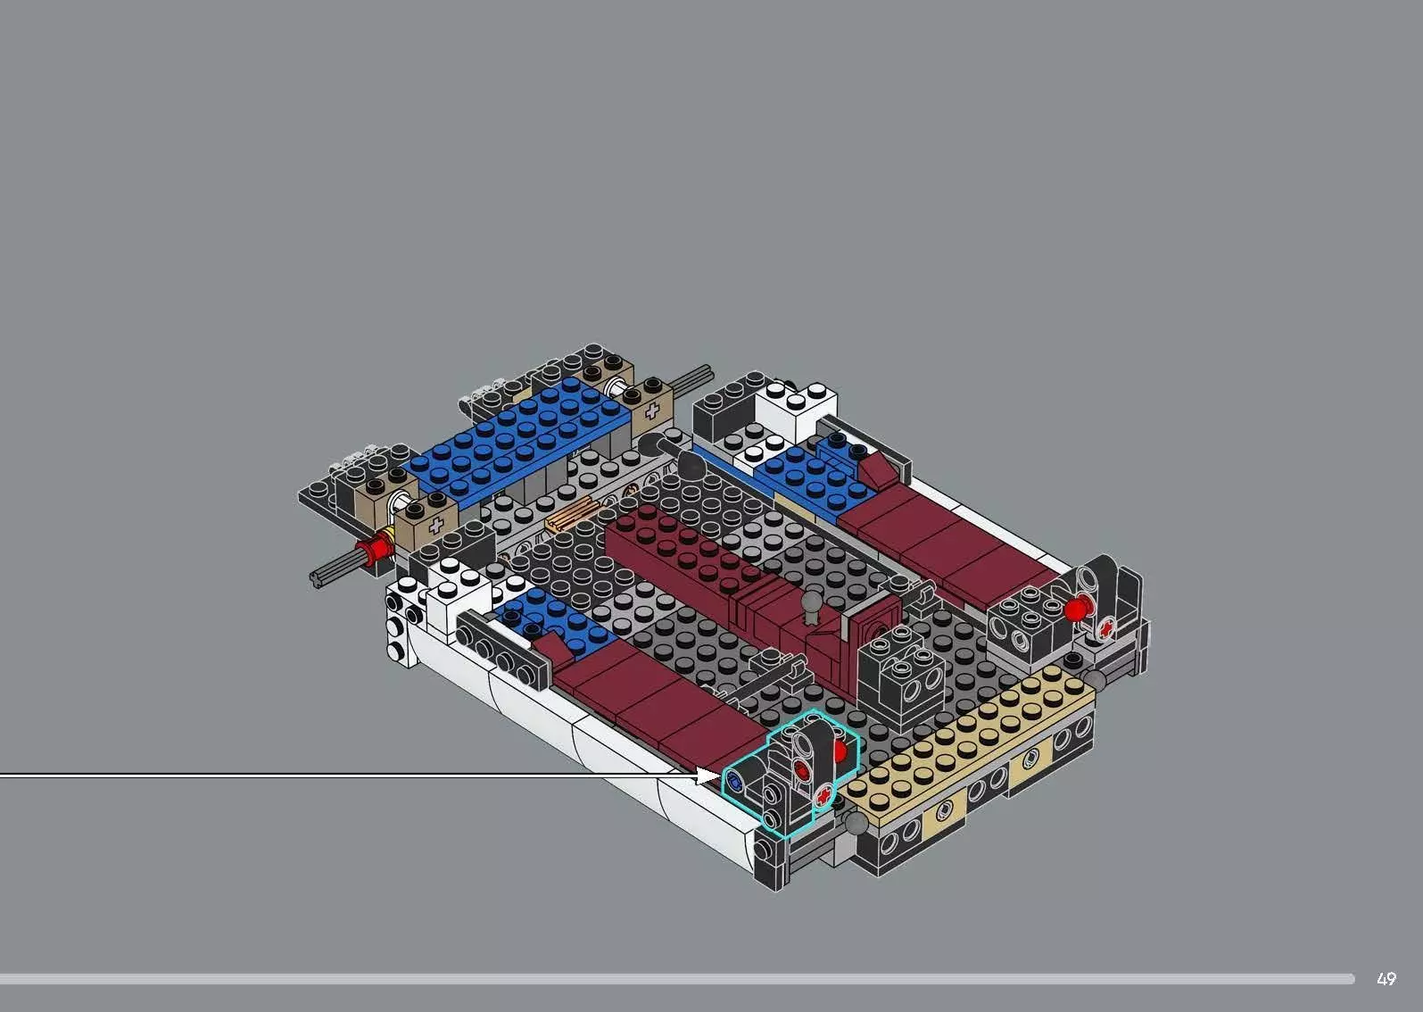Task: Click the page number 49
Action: pyautogui.click(x=1386, y=979)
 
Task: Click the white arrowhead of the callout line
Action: pyautogui.click(x=709, y=776)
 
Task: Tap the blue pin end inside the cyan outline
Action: pyautogui.click(x=735, y=781)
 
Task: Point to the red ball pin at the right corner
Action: pyautogui.click(x=1077, y=610)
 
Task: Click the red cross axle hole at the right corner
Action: pyautogui.click(x=1106, y=628)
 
